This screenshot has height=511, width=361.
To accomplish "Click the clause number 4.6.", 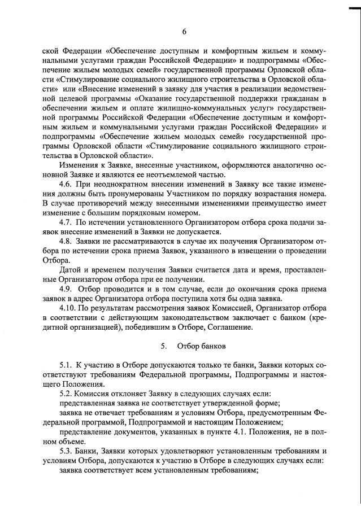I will (x=67, y=185).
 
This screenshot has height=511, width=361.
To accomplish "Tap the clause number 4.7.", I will (x=67, y=222).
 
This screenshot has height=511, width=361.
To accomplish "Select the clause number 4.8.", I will (x=67, y=242).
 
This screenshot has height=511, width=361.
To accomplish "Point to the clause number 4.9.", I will (x=67, y=289).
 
